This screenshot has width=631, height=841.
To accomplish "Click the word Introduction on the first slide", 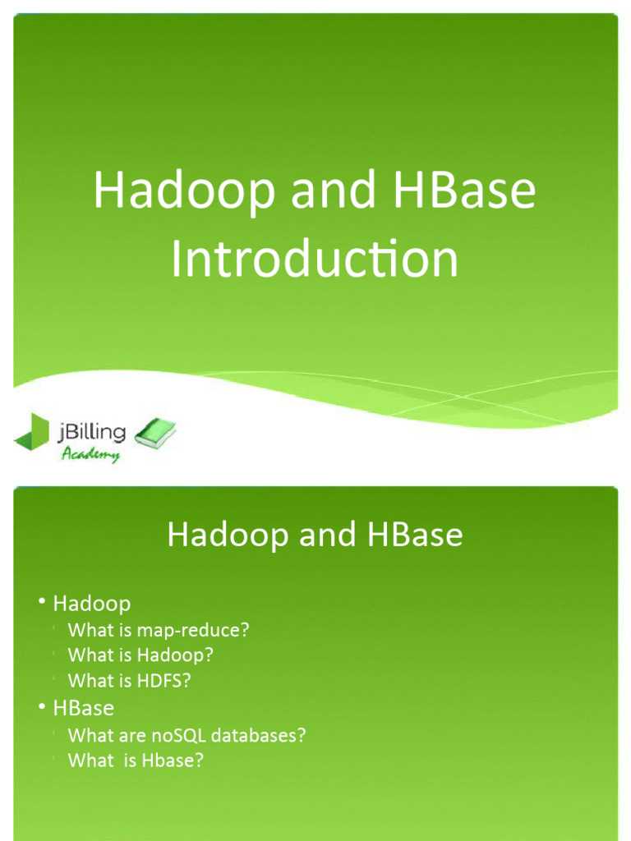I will click(x=315, y=259).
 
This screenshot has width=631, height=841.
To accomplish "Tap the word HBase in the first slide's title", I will click(x=464, y=191).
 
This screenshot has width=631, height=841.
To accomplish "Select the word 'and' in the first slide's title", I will click(x=327, y=191).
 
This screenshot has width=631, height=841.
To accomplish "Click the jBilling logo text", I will click(x=93, y=431).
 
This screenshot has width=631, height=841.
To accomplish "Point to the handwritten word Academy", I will click(x=90, y=454).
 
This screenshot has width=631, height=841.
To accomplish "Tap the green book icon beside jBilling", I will click(x=154, y=434).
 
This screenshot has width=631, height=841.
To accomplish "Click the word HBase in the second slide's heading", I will click(x=416, y=535).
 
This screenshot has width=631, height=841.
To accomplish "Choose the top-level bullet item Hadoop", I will click(x=91, y=604).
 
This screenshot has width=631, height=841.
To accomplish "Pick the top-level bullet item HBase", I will click(x=83, y=707).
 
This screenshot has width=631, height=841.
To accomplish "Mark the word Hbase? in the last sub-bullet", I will click(x=172, y=761).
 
